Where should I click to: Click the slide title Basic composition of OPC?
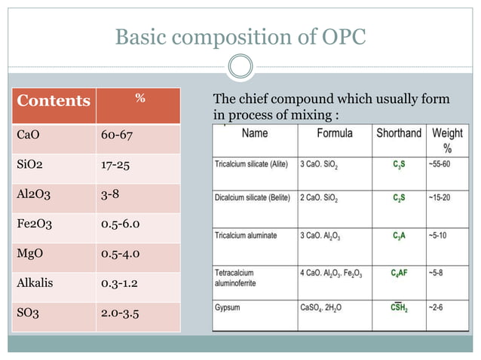[x=240, y=36]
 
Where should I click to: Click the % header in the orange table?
[x=139, y=98]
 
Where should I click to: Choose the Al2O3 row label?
[x=33, y=194]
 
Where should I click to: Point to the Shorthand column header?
[x=398, y=133]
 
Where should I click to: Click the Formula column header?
[x=335, y=133]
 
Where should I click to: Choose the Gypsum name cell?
[x=229, y=307]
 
